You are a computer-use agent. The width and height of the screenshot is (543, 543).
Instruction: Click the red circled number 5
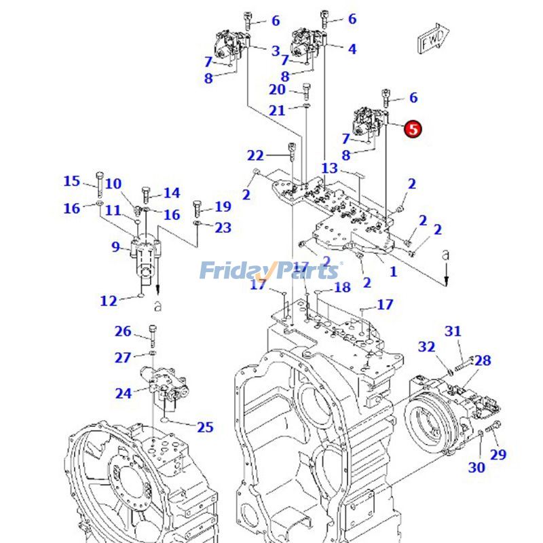click(413, 128)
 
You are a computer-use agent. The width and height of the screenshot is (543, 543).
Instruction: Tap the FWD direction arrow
click(432, 40)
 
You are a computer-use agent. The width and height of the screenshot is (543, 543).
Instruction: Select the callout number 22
click(255, 155)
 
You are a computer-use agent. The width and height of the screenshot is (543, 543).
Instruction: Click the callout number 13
click(329, 168)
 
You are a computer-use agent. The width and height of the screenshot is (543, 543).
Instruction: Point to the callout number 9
click(115, 247)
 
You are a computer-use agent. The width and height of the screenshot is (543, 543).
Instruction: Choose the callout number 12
click(109, 301)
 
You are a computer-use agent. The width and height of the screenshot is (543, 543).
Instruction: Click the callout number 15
click(72, 181)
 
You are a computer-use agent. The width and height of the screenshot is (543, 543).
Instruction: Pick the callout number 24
click(123, 393)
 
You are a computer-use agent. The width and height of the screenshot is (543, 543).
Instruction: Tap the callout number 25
click(205, 427)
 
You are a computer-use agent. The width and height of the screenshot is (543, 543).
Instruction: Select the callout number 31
click(453, 331)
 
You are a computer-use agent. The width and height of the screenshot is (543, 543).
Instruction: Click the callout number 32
click(426, 347)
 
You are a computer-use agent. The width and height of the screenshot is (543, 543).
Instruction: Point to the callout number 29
click(498, 454)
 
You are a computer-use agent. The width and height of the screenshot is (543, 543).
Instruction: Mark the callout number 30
click(477, 467)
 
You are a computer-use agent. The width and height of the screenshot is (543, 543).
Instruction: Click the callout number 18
click(342, 287)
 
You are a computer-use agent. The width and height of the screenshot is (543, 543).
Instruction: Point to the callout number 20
click(277, 90)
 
